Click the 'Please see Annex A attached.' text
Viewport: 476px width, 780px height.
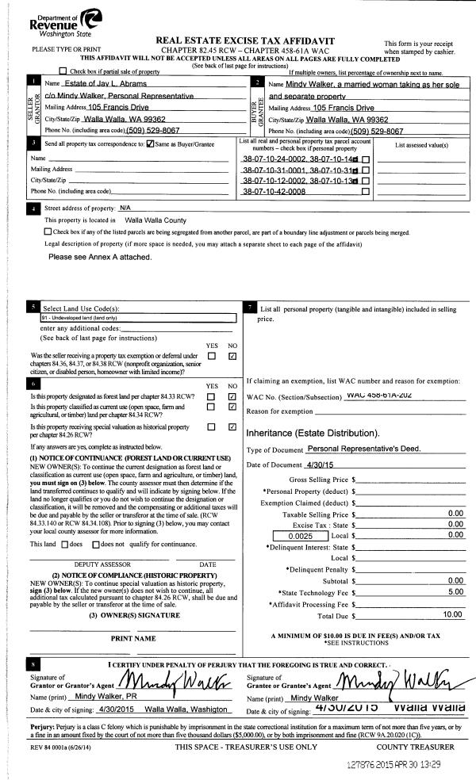click(x=99, y=258)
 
